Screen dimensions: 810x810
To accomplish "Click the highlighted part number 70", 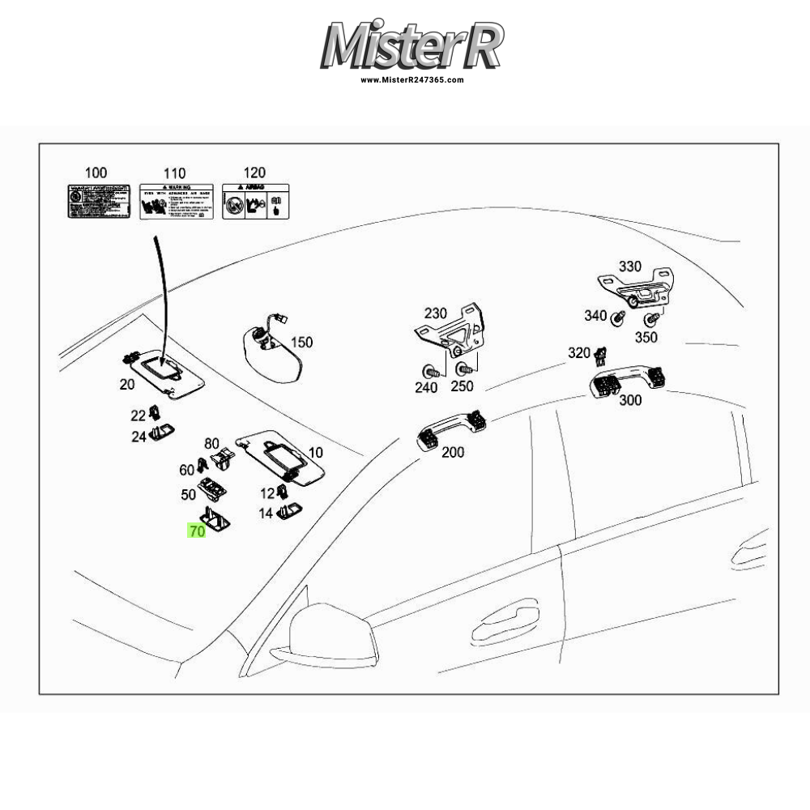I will click(x=197, y=532).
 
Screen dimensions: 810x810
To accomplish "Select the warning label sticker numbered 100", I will click(x=99, y=202).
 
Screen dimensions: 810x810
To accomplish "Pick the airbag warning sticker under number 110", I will click(x=177, y=202).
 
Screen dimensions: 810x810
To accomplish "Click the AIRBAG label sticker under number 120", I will click(x=255, y=202).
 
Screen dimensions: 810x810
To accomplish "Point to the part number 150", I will click(x=301, y=343).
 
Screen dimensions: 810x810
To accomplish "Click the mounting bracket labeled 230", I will click(x=450, y=333).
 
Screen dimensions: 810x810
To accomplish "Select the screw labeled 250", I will click(x=464, y=370).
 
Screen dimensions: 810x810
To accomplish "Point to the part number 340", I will click(x=595, y=316).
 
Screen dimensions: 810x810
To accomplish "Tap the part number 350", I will click(x=646, y=338).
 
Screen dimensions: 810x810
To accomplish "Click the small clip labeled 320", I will click(x=600, y=354).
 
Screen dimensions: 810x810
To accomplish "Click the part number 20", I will click(x=127, y=384).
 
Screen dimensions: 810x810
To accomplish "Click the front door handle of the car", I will click(x=507, y=621).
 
